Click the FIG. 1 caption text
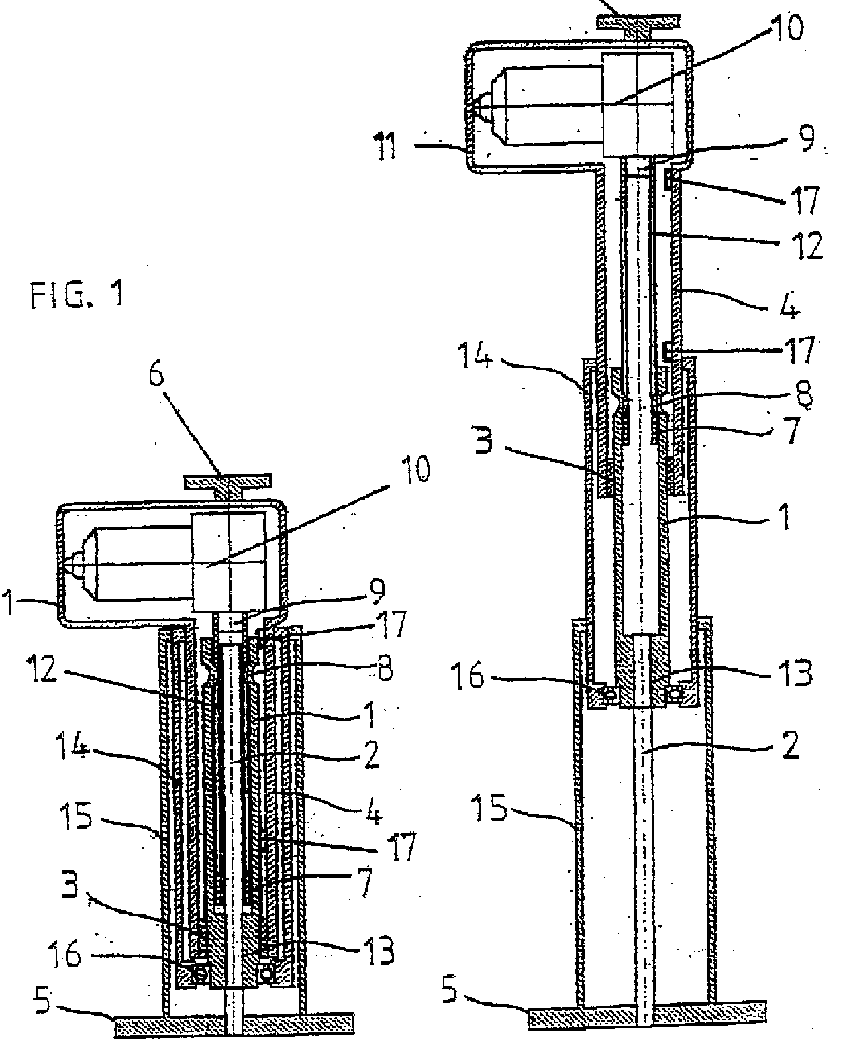click(76, 294)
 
